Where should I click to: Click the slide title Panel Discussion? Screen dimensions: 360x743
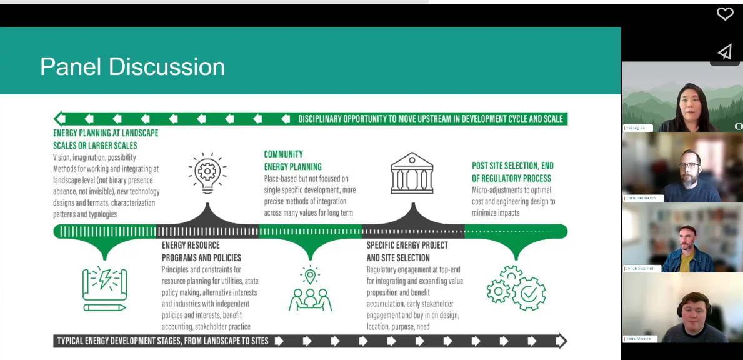132,67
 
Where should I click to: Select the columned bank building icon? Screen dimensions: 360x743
412,172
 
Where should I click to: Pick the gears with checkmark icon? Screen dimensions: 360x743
516,288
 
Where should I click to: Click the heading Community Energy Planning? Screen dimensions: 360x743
292,160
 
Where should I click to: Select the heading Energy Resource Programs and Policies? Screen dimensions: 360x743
201,251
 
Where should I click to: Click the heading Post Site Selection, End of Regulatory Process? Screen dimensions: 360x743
512,172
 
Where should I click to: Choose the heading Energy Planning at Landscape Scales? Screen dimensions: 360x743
106,139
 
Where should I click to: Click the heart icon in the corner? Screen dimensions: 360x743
724,14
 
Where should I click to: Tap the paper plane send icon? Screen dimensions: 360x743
724,52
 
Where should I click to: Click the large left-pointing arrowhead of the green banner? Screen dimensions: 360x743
60,118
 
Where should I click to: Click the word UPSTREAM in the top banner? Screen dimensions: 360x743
422,119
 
